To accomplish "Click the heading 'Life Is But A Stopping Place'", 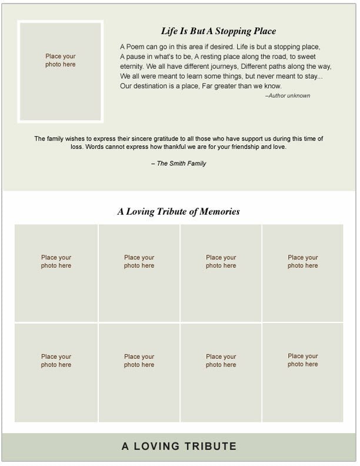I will (218, 31).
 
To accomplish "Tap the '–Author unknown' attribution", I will (288, 95).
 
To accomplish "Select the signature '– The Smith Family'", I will (179, 164).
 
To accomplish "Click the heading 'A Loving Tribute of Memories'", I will (178, 212).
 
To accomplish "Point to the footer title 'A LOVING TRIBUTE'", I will (179, 447).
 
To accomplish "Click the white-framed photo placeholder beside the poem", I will (61, 71).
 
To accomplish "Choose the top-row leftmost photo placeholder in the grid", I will (56, 273).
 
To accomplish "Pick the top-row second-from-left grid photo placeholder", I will (139, 273).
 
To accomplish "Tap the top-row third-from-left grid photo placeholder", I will (221, 273).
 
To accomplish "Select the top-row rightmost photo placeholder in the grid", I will (302, 273).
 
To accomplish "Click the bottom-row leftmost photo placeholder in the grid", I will (56, 372).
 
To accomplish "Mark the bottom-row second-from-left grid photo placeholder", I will (139, 372).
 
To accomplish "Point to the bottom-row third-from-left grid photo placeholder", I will (221, 372).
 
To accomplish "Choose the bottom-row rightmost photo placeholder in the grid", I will (302, 372).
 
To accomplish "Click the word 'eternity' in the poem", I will (132, 66).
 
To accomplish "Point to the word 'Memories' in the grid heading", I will (221, 212).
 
